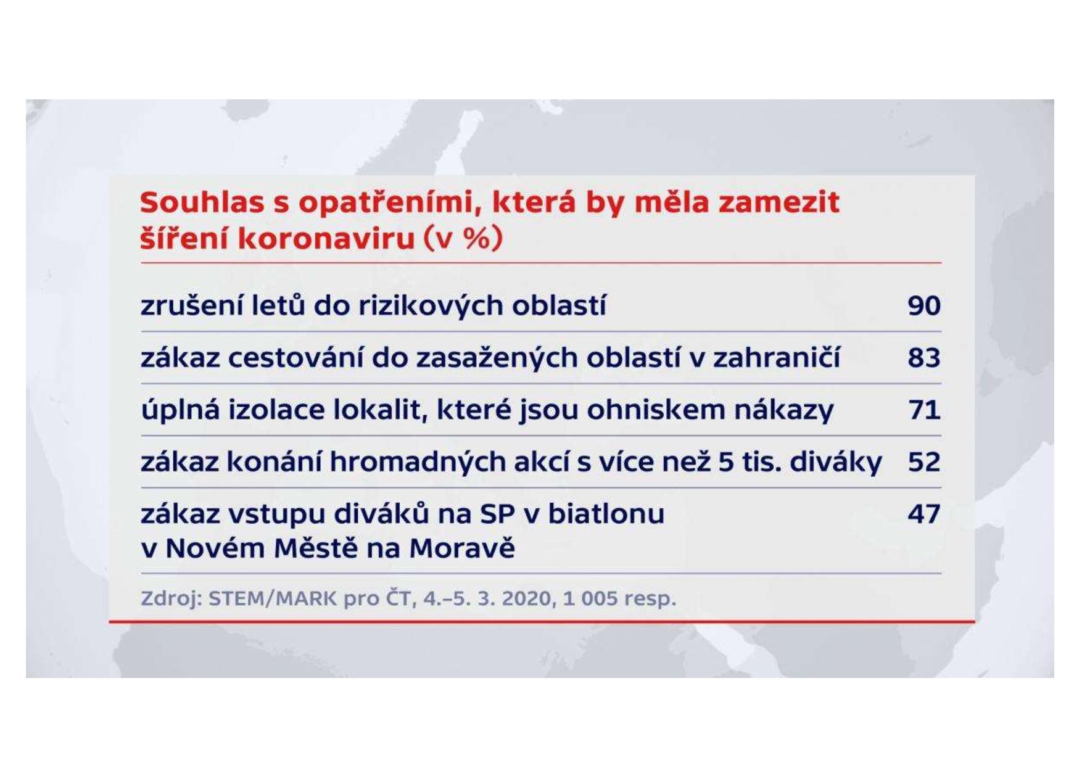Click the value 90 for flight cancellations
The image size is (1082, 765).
(924, 305)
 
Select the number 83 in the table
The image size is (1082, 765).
(924, 357)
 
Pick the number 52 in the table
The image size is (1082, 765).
(924, 461)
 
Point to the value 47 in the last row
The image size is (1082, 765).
(924, 513)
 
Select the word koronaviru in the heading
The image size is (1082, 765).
(326, 239)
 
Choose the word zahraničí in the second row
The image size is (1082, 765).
(777, 357)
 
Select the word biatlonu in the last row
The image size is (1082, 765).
(606, 514)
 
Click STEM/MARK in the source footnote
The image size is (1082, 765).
(273, 598)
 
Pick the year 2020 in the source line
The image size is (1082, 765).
(527, 598)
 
